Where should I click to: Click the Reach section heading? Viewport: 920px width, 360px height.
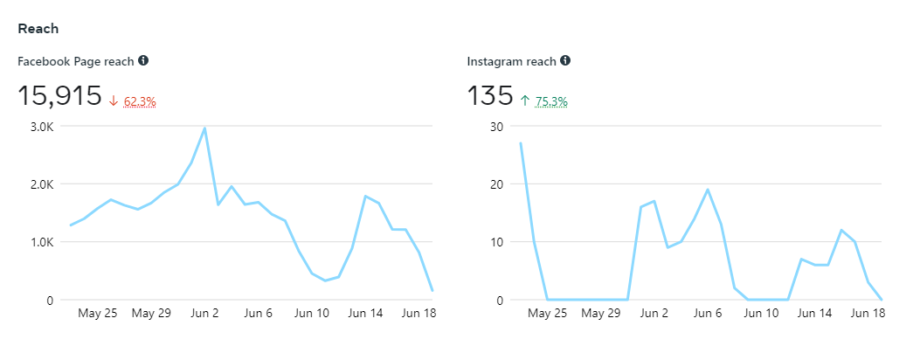point(38,29)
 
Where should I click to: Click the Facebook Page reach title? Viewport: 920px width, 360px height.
point(76,61)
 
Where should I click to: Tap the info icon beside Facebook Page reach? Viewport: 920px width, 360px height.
point(143,60)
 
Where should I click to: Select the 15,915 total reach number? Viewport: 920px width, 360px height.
point(59,96)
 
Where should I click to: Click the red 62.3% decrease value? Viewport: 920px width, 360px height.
point(140,101)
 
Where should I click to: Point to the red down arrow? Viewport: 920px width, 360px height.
point(114,101)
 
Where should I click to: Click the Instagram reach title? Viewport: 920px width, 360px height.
point(512,61)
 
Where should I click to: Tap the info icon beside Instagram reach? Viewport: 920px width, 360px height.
point(565,60)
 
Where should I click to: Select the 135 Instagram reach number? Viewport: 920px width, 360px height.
point(489,96)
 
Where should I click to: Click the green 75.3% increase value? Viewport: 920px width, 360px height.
point(551,101)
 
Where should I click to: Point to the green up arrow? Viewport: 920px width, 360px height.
point(525,101)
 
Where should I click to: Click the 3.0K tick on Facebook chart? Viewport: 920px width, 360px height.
point(42,127)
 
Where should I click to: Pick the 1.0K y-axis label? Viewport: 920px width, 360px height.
point(42,242)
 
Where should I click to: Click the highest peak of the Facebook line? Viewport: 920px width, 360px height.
point(204,128)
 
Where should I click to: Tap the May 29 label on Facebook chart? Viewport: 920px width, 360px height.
point(151,313)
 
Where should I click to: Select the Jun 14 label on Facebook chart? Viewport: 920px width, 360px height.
point(365,313)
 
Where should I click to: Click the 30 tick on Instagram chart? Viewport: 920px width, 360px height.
point(497,127)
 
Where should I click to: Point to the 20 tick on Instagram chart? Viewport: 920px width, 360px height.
point(497,184)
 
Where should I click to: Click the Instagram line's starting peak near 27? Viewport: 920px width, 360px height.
point(521,143)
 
